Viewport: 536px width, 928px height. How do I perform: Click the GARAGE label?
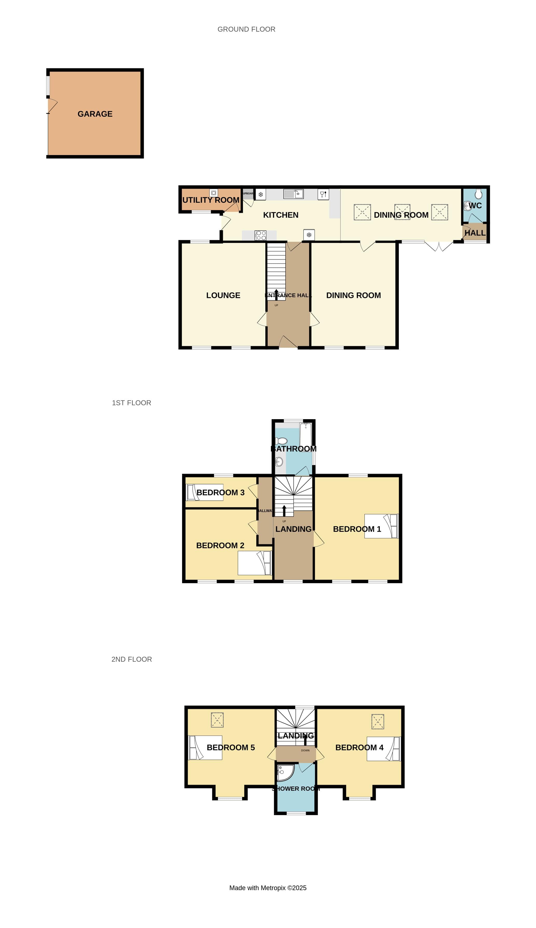pos(95,114)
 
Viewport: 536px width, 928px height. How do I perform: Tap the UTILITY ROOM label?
pos(211,200)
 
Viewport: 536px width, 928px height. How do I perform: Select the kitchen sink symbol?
pos(293,194)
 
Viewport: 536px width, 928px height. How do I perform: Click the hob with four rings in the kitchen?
pos(261,235)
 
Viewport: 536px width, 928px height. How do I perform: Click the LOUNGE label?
pos(223,295)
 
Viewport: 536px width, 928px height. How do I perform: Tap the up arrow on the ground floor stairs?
pos(276,293)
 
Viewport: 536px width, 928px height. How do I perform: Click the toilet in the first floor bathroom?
pos(281,441)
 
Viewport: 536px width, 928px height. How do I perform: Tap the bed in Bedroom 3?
pos(205,492)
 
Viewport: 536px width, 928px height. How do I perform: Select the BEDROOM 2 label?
pos(220,545)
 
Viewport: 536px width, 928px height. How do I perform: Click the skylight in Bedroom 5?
pos(217,720)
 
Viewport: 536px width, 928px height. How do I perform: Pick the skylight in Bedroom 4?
pos(378,722)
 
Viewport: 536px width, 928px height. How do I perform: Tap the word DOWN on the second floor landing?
pos(305,750)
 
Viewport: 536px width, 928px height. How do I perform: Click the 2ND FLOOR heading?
pos(131,659)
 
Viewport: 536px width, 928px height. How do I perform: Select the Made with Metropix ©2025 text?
pos(268,888)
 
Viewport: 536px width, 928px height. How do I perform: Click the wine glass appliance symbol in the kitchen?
pos(323,194)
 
